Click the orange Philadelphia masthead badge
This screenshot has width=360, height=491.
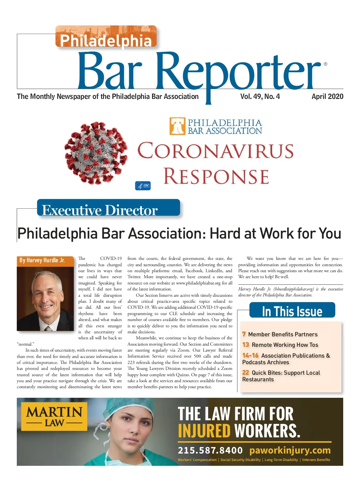[106, 37]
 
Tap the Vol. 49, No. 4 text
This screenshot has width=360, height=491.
[260, 97]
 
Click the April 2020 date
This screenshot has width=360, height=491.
[327, 97]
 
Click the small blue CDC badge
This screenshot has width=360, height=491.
[143, 186]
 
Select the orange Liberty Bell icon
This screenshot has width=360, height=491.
[177, 126]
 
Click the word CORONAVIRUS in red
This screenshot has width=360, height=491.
[215, 151]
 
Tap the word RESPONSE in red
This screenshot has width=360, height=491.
[216, 176]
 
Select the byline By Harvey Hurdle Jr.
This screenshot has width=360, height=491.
[42, 260]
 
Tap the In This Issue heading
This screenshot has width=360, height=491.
[292, 311]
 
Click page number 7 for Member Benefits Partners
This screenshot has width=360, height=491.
[244, 334]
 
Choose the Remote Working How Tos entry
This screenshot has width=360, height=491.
[285, 345]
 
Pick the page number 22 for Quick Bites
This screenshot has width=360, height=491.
[245, 373]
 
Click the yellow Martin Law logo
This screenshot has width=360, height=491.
[54, 416]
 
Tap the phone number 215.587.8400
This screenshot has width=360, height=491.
[210, 450]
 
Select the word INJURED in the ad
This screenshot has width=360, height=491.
[204, 431]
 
